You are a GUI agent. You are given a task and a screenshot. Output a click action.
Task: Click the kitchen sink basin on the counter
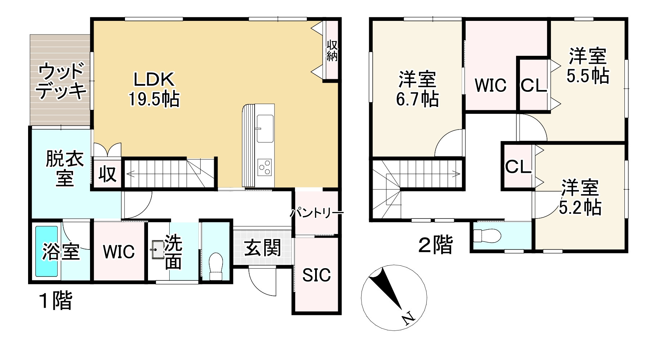265,128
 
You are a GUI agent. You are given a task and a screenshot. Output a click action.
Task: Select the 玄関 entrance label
262,248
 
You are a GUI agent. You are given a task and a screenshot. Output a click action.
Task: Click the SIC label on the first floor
316,275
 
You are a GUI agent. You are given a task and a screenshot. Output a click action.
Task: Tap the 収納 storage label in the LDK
332,51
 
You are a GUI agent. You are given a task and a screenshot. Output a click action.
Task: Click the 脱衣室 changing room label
64,168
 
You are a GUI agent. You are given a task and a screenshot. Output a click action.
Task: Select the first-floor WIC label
119,251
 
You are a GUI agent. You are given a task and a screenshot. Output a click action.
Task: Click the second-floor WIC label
490,85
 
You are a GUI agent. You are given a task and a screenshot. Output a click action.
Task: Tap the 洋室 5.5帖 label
588,66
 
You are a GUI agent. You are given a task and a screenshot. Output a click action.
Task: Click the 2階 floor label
435,246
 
